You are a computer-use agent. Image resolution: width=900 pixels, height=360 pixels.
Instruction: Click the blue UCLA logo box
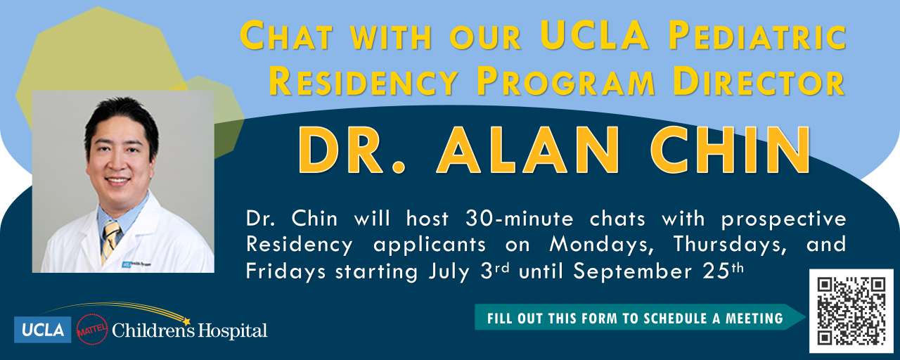coord(43,330)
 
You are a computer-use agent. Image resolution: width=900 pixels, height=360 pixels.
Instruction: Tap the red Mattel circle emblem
coord(92,330)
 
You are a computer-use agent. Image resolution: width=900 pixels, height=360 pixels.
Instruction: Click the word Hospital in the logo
coord(233,331)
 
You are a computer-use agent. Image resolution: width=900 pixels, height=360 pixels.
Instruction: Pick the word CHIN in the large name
coord(730,150)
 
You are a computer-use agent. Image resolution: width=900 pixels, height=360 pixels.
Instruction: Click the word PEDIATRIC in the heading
coord(758,36)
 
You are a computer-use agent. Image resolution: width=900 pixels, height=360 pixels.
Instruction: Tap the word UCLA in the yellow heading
coord(594,35)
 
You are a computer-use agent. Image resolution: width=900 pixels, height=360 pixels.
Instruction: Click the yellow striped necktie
coord(111,240)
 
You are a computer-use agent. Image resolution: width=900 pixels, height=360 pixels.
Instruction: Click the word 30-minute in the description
coord(519,219)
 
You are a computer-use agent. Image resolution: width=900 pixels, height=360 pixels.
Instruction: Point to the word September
coord(632,272)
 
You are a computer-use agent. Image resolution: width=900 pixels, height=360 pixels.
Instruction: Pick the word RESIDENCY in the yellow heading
coord(364,82)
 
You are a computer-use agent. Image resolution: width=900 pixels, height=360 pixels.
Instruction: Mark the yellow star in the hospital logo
coord(186,322)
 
